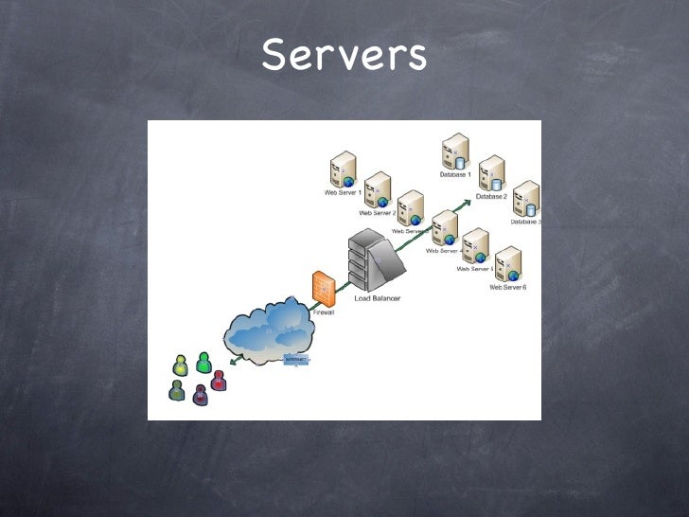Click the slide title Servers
coord(344,56)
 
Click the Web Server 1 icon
coord(342,170)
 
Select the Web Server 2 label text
coord(378,213)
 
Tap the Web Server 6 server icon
coord(508,264)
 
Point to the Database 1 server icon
coord(455,152)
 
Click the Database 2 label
coord(492,196)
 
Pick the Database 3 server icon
coord(525,199)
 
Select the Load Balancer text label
coord(378,298)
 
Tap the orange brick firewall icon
coord(322,287)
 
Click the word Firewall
coord(324,312)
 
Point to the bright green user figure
coord(203,363)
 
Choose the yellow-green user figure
coord(181,365)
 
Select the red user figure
coord(219,380)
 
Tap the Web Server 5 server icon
coord(475,246)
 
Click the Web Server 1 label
coord(344,192)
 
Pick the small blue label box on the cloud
coord(297,359)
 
